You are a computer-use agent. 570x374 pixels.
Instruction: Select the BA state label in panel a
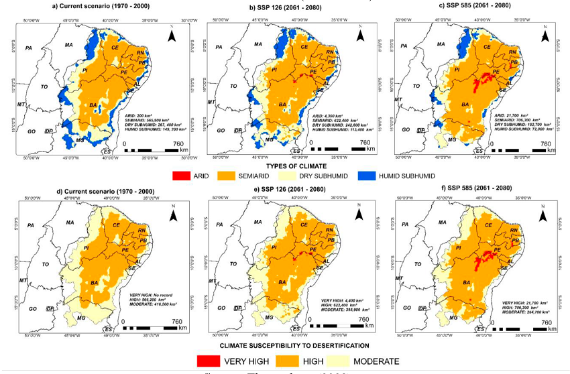click(x=93, y=106)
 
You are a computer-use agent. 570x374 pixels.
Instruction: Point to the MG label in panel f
click(x=452, y=316)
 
